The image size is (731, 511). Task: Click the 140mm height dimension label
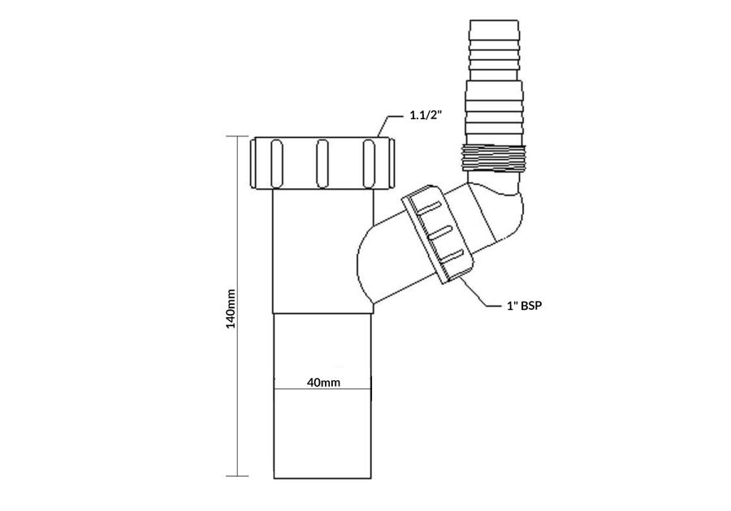tap(231, 308)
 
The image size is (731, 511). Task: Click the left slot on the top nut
tap(274, 163)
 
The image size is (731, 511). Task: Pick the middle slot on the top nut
tap(322, 163)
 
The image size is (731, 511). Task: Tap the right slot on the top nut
tap(370, 163)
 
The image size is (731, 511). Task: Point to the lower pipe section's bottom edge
tap(323, 476)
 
